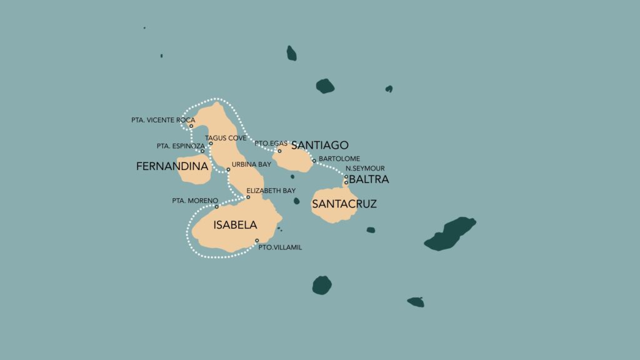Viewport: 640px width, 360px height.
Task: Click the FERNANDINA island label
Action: pos(172,167)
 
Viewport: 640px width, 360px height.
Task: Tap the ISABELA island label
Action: pos(235,225)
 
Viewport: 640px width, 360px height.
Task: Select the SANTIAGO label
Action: pos(319,145)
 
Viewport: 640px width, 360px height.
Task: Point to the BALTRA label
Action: pos(369,179)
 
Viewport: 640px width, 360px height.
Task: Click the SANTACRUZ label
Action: pos(344,203)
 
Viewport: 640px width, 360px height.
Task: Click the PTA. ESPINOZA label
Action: pos(180,146)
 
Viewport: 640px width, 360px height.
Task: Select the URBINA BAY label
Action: pos(251,164)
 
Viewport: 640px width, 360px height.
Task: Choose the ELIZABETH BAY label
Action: pos(271,190)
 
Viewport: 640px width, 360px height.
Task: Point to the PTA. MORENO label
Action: pos(194,201)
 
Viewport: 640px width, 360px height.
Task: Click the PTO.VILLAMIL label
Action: pos(281,247)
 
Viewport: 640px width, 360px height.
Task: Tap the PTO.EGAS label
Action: pos(271,143)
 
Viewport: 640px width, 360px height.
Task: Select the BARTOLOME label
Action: pos(339,159)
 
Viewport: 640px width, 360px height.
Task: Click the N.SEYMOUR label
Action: pos(365,168)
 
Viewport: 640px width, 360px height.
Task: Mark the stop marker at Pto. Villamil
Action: pos(257,241)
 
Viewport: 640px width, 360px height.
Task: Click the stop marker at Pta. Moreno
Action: pos(216,207)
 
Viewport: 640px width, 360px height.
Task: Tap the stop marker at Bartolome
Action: pos(314,161)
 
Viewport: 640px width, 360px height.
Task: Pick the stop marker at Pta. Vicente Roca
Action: pos(191,126)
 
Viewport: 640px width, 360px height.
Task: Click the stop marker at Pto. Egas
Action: pos(279,151)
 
